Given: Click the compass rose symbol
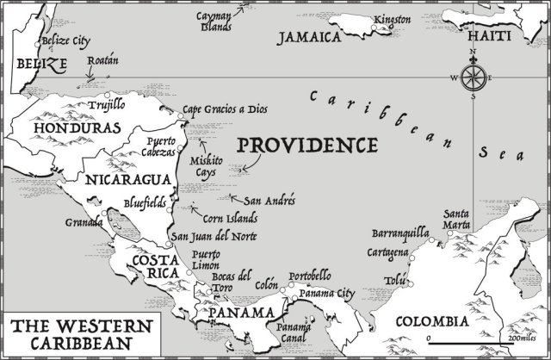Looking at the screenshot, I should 473,78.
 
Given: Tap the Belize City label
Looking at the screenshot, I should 67,40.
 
